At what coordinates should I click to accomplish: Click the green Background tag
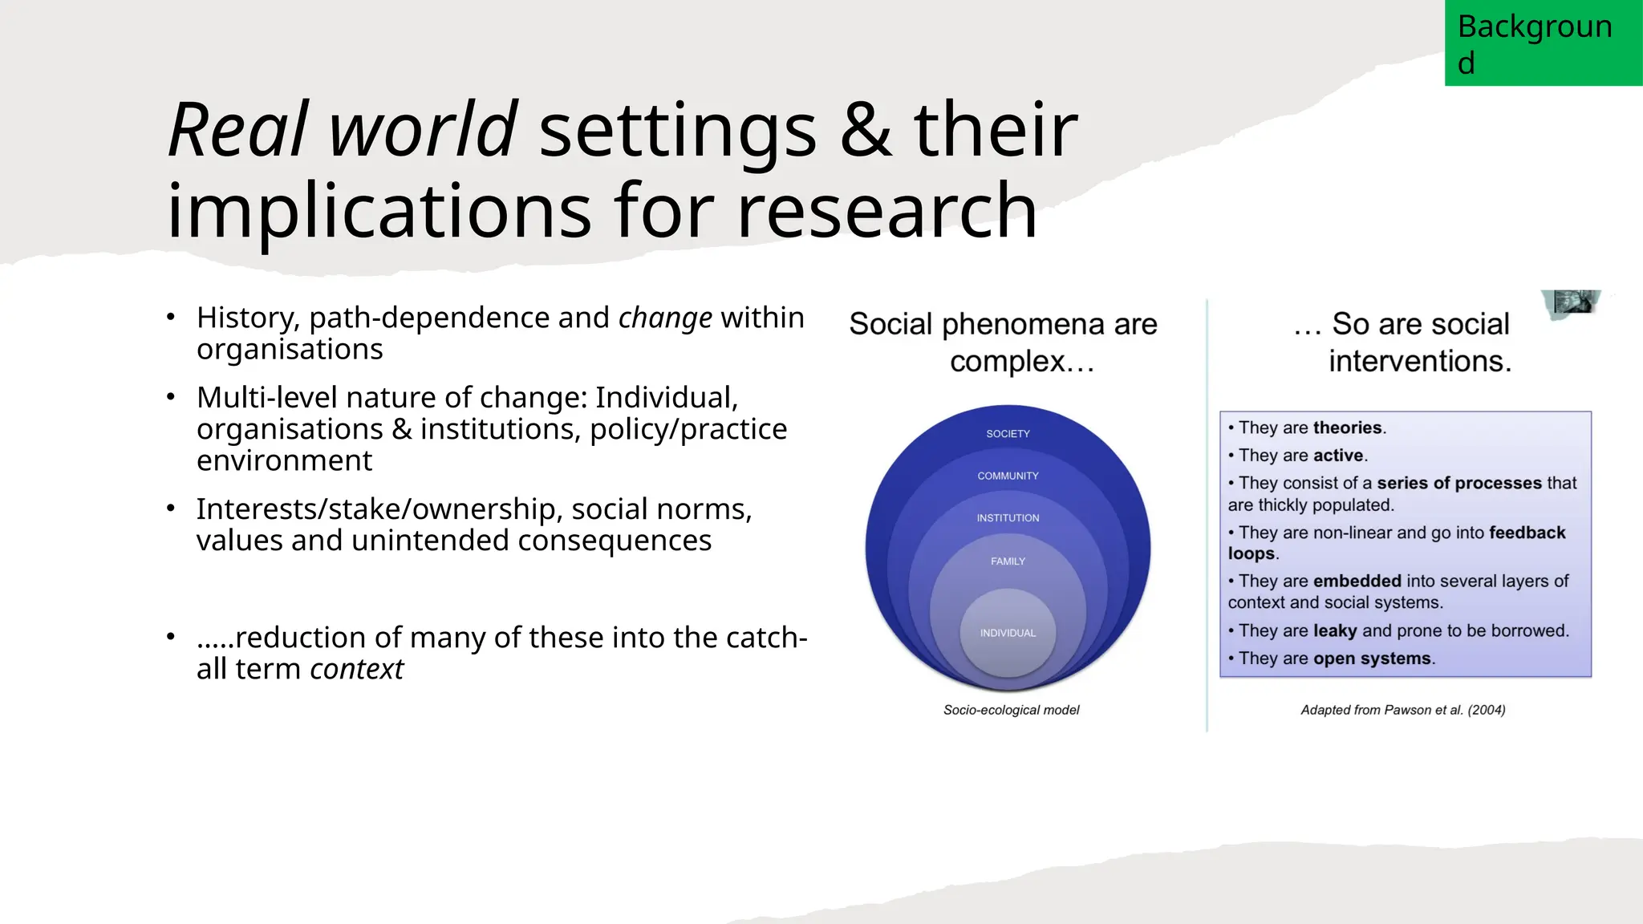(x=1543, y=43)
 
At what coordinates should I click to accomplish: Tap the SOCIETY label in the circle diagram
(x=1008, y=434)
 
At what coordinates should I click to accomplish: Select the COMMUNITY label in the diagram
(x=1008, y=476)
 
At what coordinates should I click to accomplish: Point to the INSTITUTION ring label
(x=1008, y=518)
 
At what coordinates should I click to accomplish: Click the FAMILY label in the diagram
(x=1008, y=561)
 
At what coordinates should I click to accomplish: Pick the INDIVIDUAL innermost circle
(x=1008, y=633)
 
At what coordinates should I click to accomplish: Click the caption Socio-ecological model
(x=1011, y=710)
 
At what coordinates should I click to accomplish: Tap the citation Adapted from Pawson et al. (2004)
(x=1402, y=710)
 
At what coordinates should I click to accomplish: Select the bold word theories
(x=1348, y=428)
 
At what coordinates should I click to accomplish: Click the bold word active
(x=1338, y=456)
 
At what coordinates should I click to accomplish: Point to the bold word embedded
(x=1357, y=581)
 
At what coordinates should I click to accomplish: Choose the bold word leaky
(x=1335, y=630)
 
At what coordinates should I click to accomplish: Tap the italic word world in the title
(x=423, y=130)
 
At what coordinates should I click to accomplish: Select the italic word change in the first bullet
(x=665, y=318)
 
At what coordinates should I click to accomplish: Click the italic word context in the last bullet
(x=356, y=669)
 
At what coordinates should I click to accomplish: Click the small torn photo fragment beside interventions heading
(x=1572, y=303)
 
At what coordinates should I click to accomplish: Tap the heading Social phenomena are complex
(x=1003, y=342)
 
